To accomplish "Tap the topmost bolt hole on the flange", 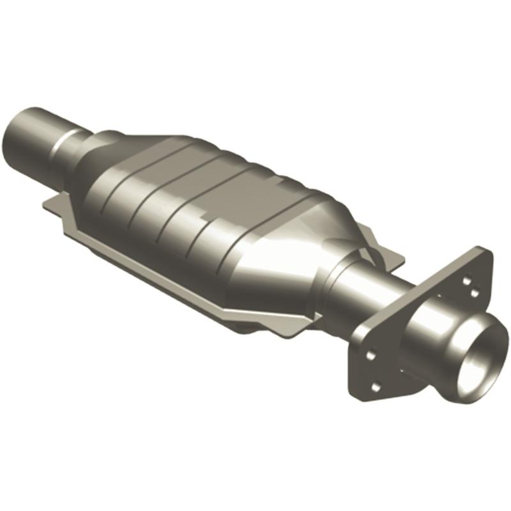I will click(467, 280).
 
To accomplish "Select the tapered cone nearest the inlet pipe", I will click(96, 160).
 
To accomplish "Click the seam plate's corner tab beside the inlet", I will click(51, 204).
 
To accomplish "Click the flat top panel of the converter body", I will click(211, 166).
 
